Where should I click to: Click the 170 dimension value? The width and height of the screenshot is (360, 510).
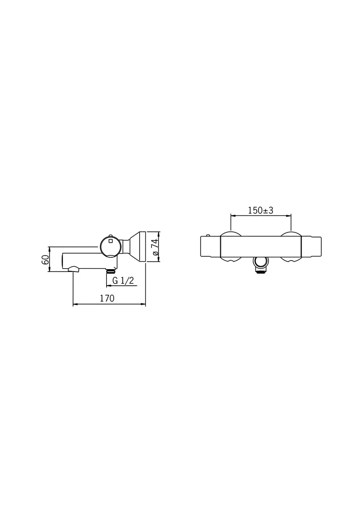pos(107,298)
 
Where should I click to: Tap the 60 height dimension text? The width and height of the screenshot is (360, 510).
pos(45,259)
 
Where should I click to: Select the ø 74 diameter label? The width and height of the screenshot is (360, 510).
pos(154,247)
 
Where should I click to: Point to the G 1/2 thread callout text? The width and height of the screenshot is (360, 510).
pos(123,280)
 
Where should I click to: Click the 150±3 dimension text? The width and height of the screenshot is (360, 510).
pos(260,211)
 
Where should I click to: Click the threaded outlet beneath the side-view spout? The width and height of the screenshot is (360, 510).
pos(111,271)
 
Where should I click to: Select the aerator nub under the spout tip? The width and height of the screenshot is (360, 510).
pos(74,269)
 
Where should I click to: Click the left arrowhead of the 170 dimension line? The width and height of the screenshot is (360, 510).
pos(75,305)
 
